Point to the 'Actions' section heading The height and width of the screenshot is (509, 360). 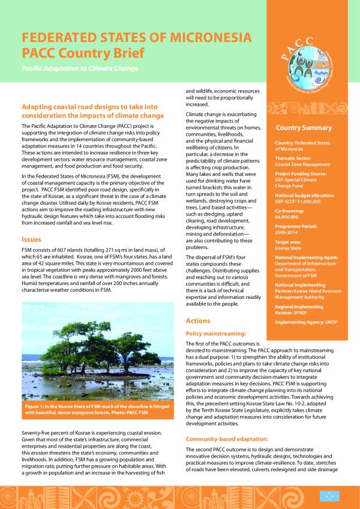tap(199, 321)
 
